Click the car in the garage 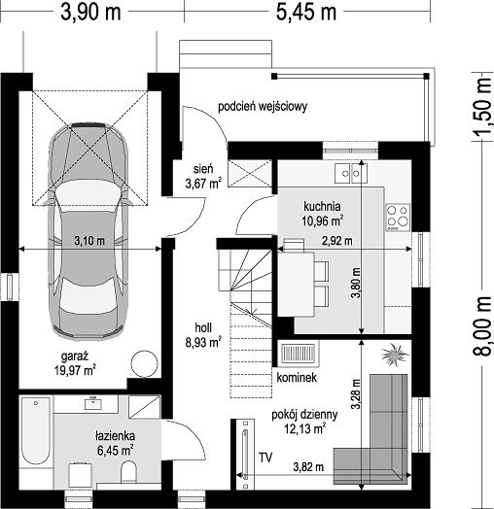[88, 230]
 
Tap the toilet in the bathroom [128, 472]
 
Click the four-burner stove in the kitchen [398, 217]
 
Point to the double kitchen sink [351, 173]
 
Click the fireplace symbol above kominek [298, 353]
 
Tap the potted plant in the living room [394, 355]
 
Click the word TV [265, 458]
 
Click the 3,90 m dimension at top [91, 13]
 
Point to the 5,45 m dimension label [306, 13]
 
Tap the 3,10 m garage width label [89, 241]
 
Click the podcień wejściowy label [263, 107]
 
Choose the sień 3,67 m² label [203, 176]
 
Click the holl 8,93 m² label [203, 335]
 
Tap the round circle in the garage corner [144, 364]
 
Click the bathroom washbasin [93, 404]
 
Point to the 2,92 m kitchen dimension [337, 241]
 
